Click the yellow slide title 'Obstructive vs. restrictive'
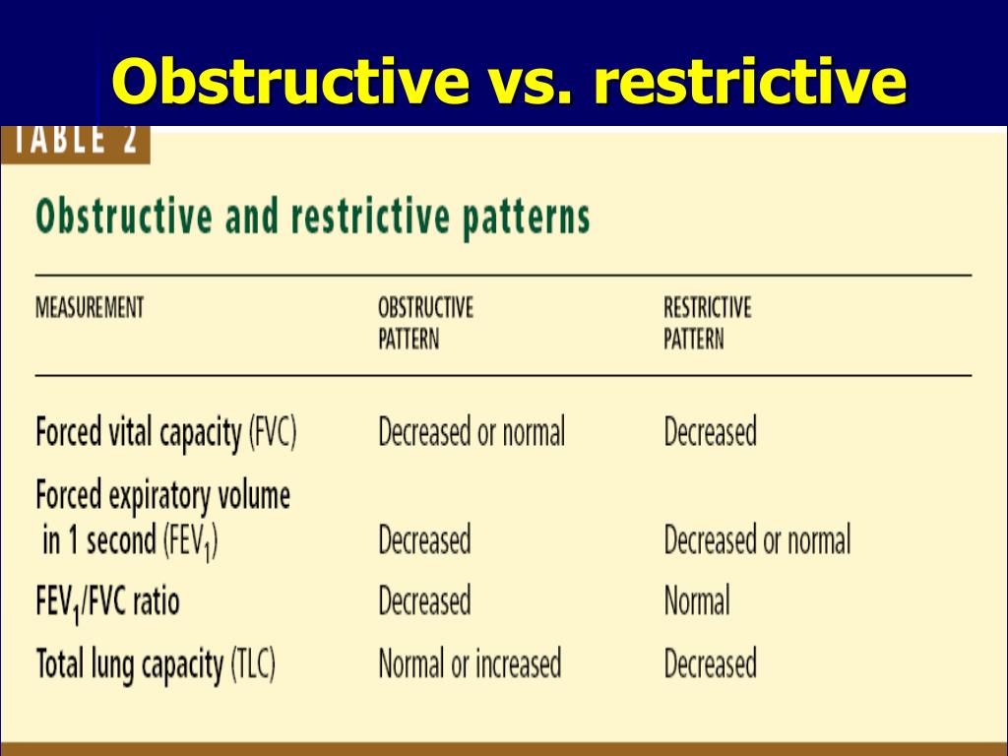tap(508, 81)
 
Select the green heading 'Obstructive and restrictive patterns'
tap(312, 217)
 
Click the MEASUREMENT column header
tap(90, 307)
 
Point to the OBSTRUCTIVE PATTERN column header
tap(425, 323)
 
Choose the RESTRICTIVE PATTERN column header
tap(707, 323)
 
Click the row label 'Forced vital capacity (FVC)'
tap(165, 433)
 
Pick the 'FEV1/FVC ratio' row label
tap(107, 600)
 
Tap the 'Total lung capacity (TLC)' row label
tap(156, 664)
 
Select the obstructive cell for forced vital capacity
tap(472, 432)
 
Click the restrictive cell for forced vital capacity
tap(710, 432)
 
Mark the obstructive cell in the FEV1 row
tap(424, 539)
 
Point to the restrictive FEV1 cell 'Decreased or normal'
tap(757, 539)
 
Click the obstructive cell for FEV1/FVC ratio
tap(424, 600)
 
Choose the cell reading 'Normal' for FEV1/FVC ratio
tap(697, 600)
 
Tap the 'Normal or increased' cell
tap(470, 663)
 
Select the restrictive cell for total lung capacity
tap(710, 663)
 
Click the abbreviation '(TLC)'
tap(253, 664)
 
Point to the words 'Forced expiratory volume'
tap(162, 494)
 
